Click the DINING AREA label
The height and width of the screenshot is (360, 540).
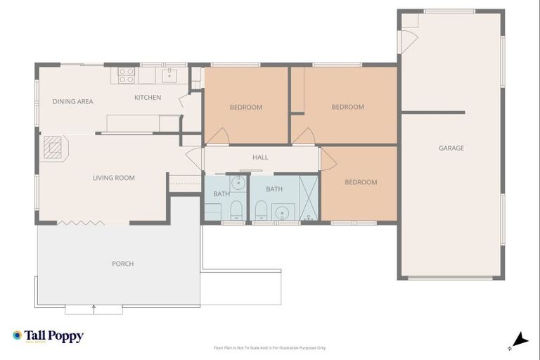[x=73, y=102]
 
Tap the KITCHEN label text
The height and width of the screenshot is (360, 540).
[x=148, y=98]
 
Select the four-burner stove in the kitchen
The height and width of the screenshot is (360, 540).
[x=126, y=75]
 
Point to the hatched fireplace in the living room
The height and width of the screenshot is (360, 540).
[x=53, y=147]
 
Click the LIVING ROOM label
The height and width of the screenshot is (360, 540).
[x=113, y=178]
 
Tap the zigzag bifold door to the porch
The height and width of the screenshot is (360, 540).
[x=81, y=223]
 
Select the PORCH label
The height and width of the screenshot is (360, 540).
[x=122, y=264]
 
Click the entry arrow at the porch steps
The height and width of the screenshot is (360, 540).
[x=94, y=308]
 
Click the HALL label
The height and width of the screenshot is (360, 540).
[x=260, y=157]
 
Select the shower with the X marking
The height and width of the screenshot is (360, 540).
[x=309, y=197]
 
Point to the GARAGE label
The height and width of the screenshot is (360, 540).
[x=451, y=148]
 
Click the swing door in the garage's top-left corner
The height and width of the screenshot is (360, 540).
[x=408, y=41]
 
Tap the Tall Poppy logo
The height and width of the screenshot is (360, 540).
[x=48, y=336]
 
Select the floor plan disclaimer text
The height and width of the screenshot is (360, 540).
[x=270, y=347]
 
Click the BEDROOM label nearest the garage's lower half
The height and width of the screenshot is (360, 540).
[x=360, y=183]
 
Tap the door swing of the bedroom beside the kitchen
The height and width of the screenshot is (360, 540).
[x=217, y=136]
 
